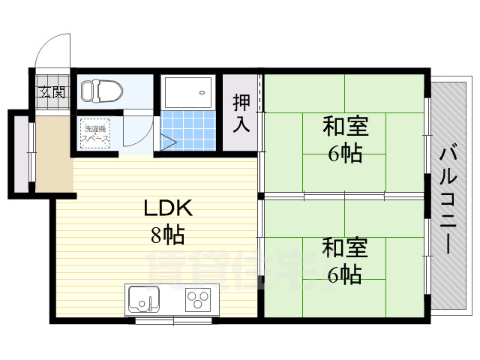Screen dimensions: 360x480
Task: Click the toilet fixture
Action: [101, 91]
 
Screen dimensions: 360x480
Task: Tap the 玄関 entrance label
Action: [52, 93]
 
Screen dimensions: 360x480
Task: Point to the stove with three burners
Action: [199, 299]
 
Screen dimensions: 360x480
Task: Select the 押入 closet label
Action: [241, 112]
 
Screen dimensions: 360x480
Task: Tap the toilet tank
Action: [85, 91]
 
